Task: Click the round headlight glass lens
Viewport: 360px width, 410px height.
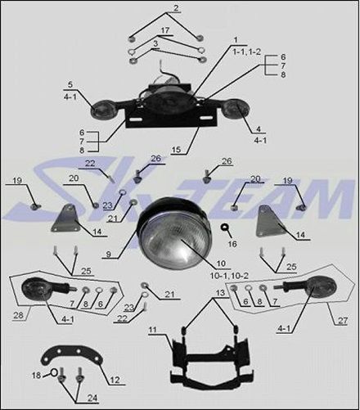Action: [x=173, y=243]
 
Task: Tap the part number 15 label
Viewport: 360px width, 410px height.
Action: [x=177, y=150]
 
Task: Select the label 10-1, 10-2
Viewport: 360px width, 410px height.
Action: [x=229, y=276]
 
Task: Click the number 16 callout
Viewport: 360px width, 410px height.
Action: [x=232, y=244]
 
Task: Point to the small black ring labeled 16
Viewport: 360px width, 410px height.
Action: [x=225, y=227]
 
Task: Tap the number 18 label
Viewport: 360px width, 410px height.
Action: [x=36, y=375]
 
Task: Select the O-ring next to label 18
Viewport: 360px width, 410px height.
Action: [x=54, y=372]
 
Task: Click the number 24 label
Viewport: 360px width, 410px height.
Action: [x=92, y=398]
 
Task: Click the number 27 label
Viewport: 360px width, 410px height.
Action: [x=343, y=320]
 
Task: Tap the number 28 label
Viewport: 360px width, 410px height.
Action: [x=18, y=315]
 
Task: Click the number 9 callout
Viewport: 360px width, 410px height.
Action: [x=108, y=255]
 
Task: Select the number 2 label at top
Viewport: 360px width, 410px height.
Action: [x=176, y=8]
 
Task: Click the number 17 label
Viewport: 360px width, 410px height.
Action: [x=165, y=30]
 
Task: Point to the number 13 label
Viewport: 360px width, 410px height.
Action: [x=220, y=293]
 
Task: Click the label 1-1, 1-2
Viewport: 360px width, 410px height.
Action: [x=247, y=52]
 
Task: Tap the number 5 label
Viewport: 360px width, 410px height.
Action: [x=70, y=84]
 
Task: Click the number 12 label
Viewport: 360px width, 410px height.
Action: [x=115, y=380]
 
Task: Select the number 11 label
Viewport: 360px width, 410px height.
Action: [x=153, y=330]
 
